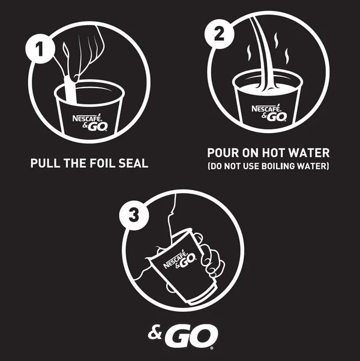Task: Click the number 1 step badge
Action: pos(40,49)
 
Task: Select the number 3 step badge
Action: pos(134,216)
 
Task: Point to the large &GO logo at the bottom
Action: pos(183,335)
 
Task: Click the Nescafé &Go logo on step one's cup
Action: pos(90,122)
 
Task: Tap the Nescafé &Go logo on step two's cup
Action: pos(269,113)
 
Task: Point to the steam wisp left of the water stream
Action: pos(249,53)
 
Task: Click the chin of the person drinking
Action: pos(171,215)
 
